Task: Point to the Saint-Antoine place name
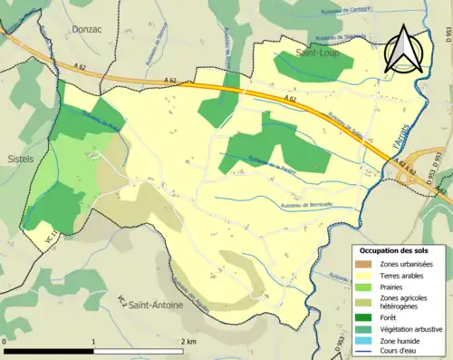[155, 305]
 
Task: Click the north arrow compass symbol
[403, 49]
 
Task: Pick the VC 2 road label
[120, 300]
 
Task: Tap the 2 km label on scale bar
[188, 341]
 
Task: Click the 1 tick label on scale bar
[94, 341]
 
